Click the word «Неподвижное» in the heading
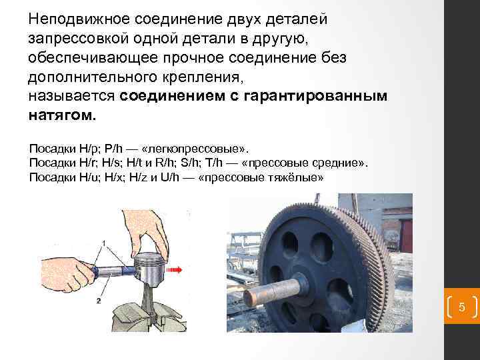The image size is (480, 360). [79, 19]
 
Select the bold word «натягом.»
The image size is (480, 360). [62, 115]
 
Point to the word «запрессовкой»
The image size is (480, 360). [78, 39]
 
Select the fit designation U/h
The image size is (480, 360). [169, 177]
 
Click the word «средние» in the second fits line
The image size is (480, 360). [339, 163]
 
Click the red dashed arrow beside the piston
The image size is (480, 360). [174, 270]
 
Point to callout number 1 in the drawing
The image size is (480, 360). [104, 243]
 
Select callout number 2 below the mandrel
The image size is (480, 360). [99, 301]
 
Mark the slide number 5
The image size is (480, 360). [462, 307]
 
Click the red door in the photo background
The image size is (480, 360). [407, 236]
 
